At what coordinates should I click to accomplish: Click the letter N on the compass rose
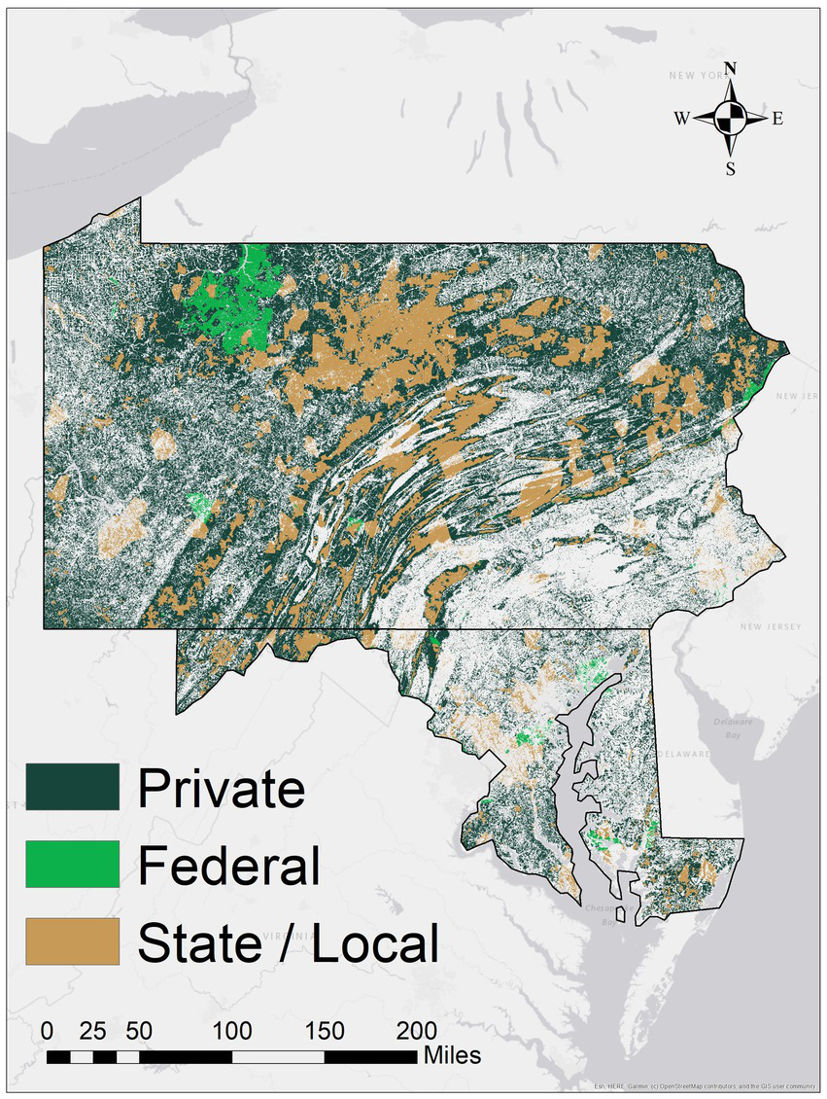[731, 68]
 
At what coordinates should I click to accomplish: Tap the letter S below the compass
[731, 169]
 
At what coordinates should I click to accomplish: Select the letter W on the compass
[682, 119]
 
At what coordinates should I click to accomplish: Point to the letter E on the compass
[777, 119]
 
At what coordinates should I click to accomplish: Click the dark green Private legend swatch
[73, 786]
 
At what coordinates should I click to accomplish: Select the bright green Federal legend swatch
[73, 864]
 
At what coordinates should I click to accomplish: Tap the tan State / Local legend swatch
[73, 940]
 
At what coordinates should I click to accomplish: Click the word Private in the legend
[221, 788]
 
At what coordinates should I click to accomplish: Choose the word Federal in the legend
[228, 865]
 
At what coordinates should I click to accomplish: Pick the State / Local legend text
[289, 942]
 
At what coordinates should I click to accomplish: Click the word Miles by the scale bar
[452, 1055]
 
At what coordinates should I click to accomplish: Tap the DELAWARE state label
[686, 754]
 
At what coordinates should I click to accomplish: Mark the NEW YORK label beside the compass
[696, 75]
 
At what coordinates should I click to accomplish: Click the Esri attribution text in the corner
[705, 1086]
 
